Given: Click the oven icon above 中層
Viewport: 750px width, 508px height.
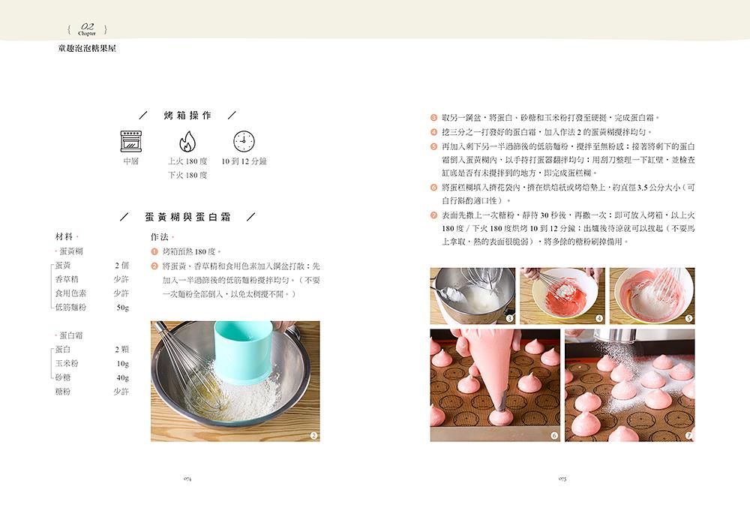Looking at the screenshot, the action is coord(131,141).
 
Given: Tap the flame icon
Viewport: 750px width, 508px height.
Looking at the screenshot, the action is coord(187,142).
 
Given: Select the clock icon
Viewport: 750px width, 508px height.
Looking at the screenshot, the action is coord(244,141).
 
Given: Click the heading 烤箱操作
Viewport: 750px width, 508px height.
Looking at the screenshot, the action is coord(187,116).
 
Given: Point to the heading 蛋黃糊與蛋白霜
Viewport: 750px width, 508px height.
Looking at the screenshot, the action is coord(188,217).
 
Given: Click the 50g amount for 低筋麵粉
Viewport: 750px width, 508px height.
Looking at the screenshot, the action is coord(123,307).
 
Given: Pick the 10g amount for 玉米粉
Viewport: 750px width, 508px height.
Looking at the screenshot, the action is coord(123,363).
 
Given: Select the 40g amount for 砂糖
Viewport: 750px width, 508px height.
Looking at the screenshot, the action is coord(123,377).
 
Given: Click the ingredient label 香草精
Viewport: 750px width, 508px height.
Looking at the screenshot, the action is coord(67,279).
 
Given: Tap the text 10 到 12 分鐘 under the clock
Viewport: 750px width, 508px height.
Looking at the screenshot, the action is coord(244,161).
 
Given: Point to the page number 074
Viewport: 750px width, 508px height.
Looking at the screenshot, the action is coord(187,478).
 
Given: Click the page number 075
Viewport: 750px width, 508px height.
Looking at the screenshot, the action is coord(562,478).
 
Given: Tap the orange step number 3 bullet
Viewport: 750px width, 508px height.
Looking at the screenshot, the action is coord(433,118).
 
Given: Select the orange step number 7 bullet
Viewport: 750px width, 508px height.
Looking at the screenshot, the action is coord(433,215).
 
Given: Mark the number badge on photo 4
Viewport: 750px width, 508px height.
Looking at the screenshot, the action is coord(598,318).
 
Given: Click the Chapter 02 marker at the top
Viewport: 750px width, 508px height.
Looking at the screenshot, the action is coord(87,29).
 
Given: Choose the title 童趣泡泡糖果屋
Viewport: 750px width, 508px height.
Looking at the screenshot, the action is coord(87,48).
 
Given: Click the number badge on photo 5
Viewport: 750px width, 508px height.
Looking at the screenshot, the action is coord(688,318).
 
